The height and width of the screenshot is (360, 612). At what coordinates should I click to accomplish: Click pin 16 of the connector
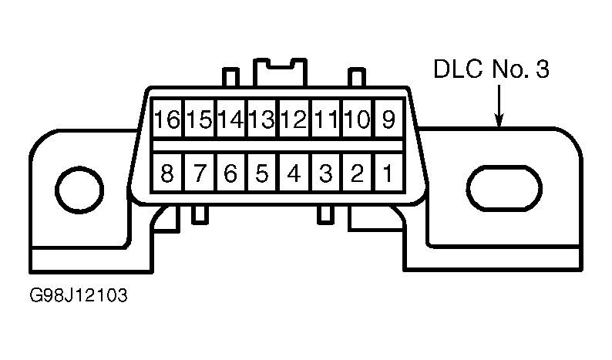[x=167, y=118]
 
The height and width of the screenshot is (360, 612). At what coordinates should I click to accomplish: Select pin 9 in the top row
[x=388, y=118]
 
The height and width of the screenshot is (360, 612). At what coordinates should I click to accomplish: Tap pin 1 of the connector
[x=388, y=172]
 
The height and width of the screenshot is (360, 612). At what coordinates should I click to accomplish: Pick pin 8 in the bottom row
[x=167, y=172]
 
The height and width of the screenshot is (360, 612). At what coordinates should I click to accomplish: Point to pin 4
[x=294, y=172]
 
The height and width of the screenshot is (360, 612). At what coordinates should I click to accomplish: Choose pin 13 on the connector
[x=261, y=118]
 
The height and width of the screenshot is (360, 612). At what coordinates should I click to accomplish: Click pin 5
[x=261, y=172]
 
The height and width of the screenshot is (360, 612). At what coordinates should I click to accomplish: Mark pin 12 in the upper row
[x=294, y=118]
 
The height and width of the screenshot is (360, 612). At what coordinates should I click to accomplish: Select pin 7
[x=199, y=172]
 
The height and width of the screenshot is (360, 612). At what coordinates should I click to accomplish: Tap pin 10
[x=357, y=118]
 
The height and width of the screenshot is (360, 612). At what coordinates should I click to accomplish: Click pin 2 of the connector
[x=357, y=172]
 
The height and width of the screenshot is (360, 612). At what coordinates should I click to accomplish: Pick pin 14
[x=230, y=118]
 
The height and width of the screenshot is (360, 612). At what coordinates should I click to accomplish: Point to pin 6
[x=230, y=172]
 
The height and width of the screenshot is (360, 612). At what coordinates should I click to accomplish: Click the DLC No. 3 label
[x=492, y=69]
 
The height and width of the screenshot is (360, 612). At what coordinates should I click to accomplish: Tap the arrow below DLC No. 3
[x=499, y=106]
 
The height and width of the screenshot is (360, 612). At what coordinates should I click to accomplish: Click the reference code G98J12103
[x=79, y=295]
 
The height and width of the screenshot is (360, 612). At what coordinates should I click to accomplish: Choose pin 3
[x=325, y=172]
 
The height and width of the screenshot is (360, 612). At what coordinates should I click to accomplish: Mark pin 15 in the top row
[x=199, y=118]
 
